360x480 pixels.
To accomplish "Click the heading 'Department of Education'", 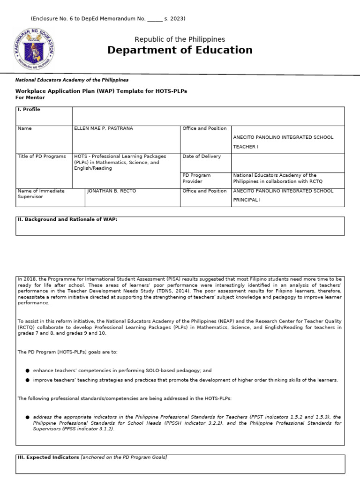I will [x=180, y=50].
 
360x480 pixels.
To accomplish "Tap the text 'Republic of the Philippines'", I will [x=180, y=39].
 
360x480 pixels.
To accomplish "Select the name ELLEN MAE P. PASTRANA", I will [x=104, y=128].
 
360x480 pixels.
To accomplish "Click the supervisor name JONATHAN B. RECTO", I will [x=110, y=191].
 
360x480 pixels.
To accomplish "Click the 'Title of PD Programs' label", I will [x=42, y=157].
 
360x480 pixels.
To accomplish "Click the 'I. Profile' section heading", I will [x=29, y=110].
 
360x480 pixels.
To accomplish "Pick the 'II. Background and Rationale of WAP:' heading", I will [x=67, y=219].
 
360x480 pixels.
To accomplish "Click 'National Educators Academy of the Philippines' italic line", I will [x=72, y=80].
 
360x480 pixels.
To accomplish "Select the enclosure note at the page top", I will [x=108, y=19].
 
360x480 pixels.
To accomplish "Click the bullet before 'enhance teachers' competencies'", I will [x=28, y=370].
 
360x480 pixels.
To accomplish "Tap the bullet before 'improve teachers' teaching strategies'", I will [x=28, y=380].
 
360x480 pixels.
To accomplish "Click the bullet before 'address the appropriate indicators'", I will [x=28, y=417].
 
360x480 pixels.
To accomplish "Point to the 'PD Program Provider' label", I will [x=196, y=178].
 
